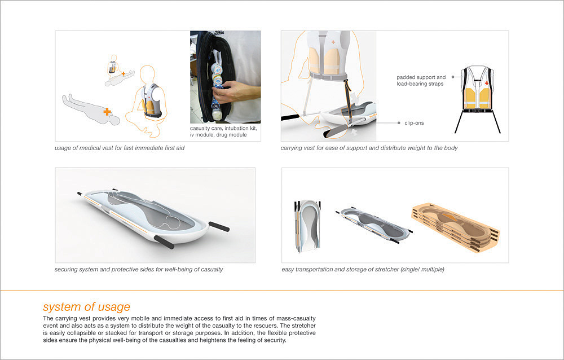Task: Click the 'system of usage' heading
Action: pyautogui.click(x=86, y=307)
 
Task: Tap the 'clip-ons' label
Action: pyautogui.click(x=414, y=123)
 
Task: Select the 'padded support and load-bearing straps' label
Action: pyautogui.click(x=421, y=81)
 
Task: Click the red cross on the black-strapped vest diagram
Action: pyautogui.click(x=487, y=83)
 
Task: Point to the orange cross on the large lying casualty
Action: pyautogui.click(x=107, y=112)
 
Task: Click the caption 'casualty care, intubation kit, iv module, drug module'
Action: pyautogui.click(x=223, y=131)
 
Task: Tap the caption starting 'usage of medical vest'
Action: pyautogui.click(x=120, y=148)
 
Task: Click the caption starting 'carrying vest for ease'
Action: pyautogui.click(x=369, y=148)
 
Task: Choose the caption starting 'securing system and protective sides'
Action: pyautogui.click(x=139, y=269)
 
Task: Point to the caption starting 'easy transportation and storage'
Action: pyautogui.click(x=363, y=269)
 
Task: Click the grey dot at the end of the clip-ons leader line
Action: pyautogui.click(x=399, y=123)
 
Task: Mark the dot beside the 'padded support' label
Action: pyautogui.click(x=453, y=77)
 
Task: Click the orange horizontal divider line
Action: pyautogui.click(x=282, y=290)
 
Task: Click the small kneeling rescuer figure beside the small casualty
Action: pyautogui.click(x=114, y=65)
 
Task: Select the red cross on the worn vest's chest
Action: pyautogui.click(x=333, y=42)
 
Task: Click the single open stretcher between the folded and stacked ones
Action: pyautogui.click(x=374, y=225)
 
